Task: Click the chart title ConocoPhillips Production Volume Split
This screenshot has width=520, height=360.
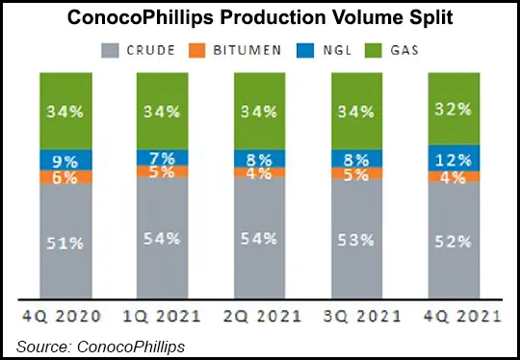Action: pyautogui.click(x=259, y=19)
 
